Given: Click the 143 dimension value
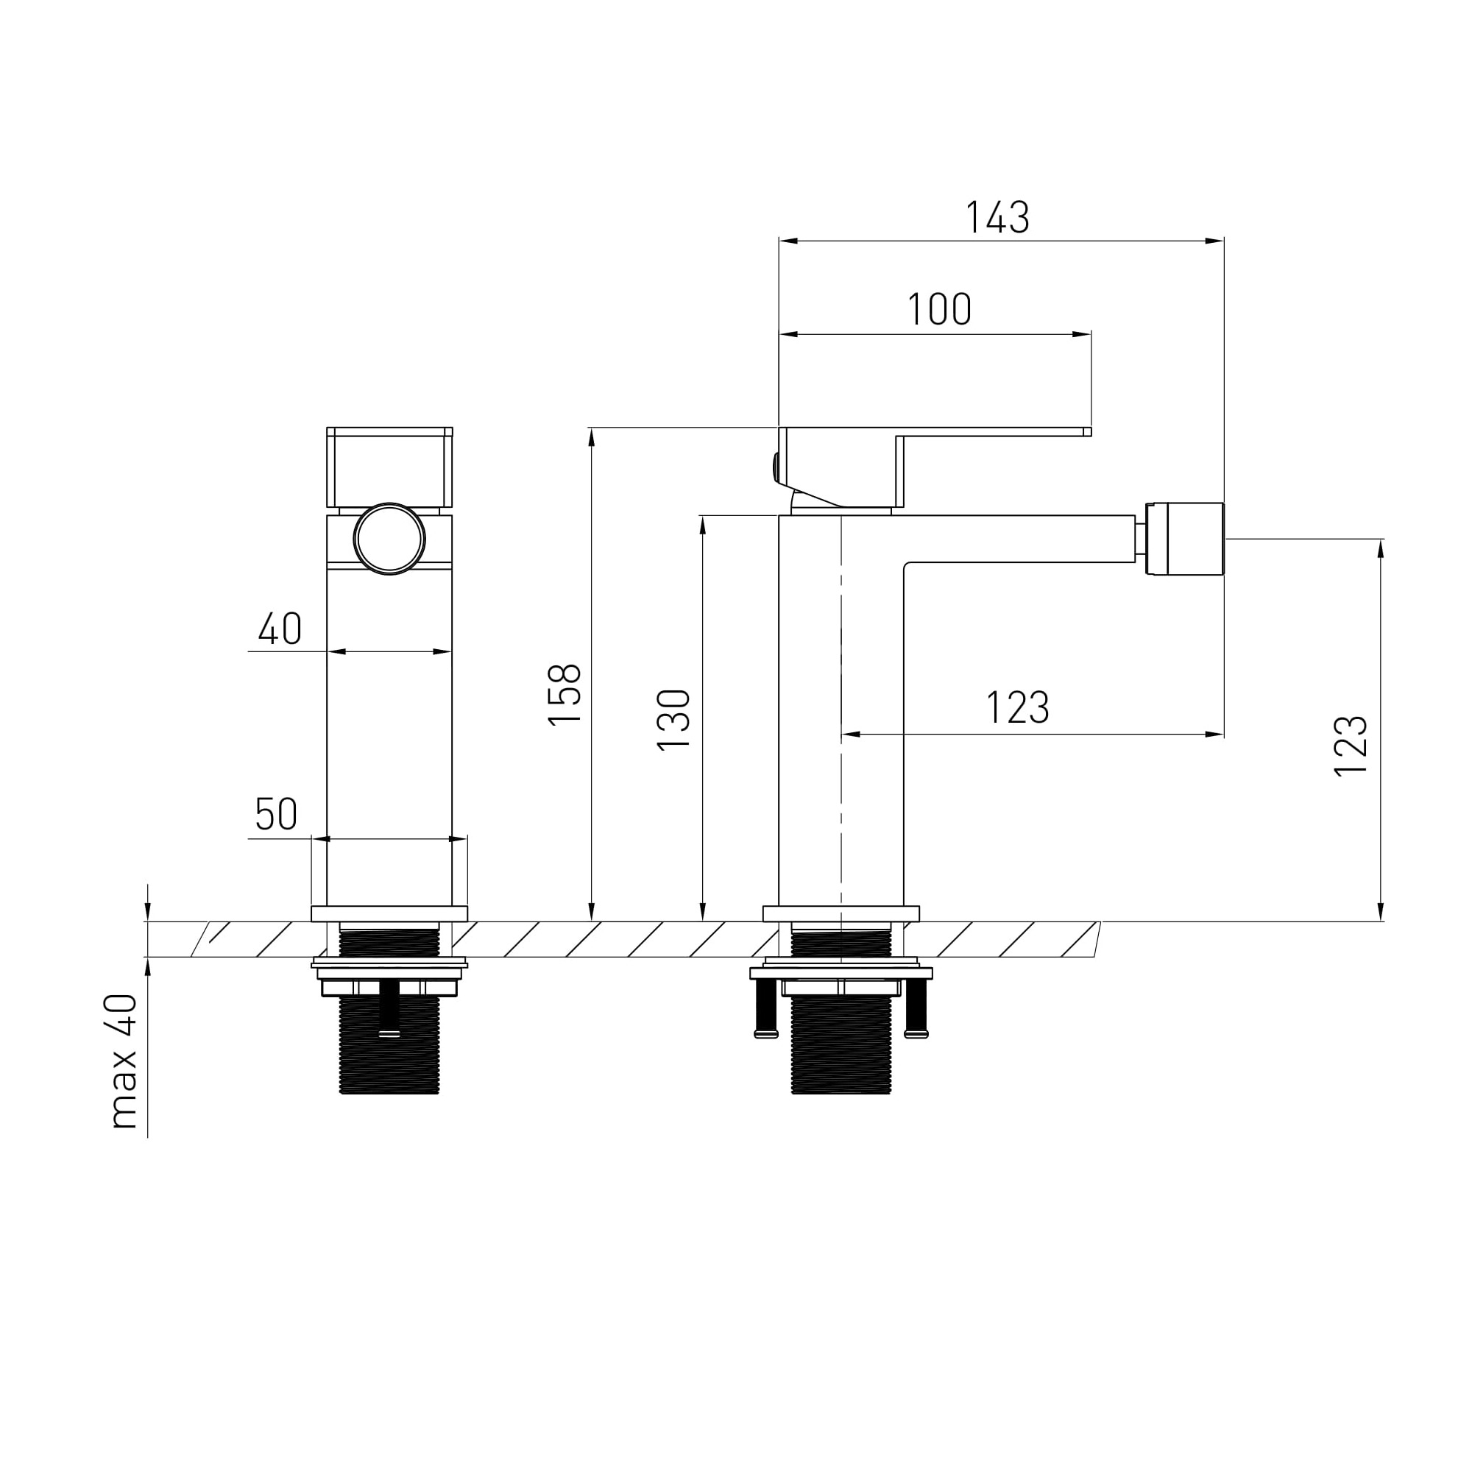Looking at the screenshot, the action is pyautogui.click(x=997, y=217).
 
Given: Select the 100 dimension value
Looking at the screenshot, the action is pyautogui.click(x=939, y=309).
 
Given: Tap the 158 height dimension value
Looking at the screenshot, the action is pyautogui.click(x=565, y=695).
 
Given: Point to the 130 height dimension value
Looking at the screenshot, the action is pyautogui.click(x=673, y=720).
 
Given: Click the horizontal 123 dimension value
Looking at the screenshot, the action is pyautogui.click(x=1018, y=708).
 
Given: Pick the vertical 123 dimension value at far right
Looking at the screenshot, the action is pyautogui.click(x=1351, y=746).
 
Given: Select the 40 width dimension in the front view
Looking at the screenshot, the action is pyautogui.click(x=280, y=629).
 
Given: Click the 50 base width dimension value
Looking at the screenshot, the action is pyautogui.click(x=276, y=815).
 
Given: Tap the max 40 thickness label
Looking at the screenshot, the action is pyautogui.click(x=124, y=1061).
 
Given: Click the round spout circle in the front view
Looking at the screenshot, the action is pyautogui.click(x=389, y=539).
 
